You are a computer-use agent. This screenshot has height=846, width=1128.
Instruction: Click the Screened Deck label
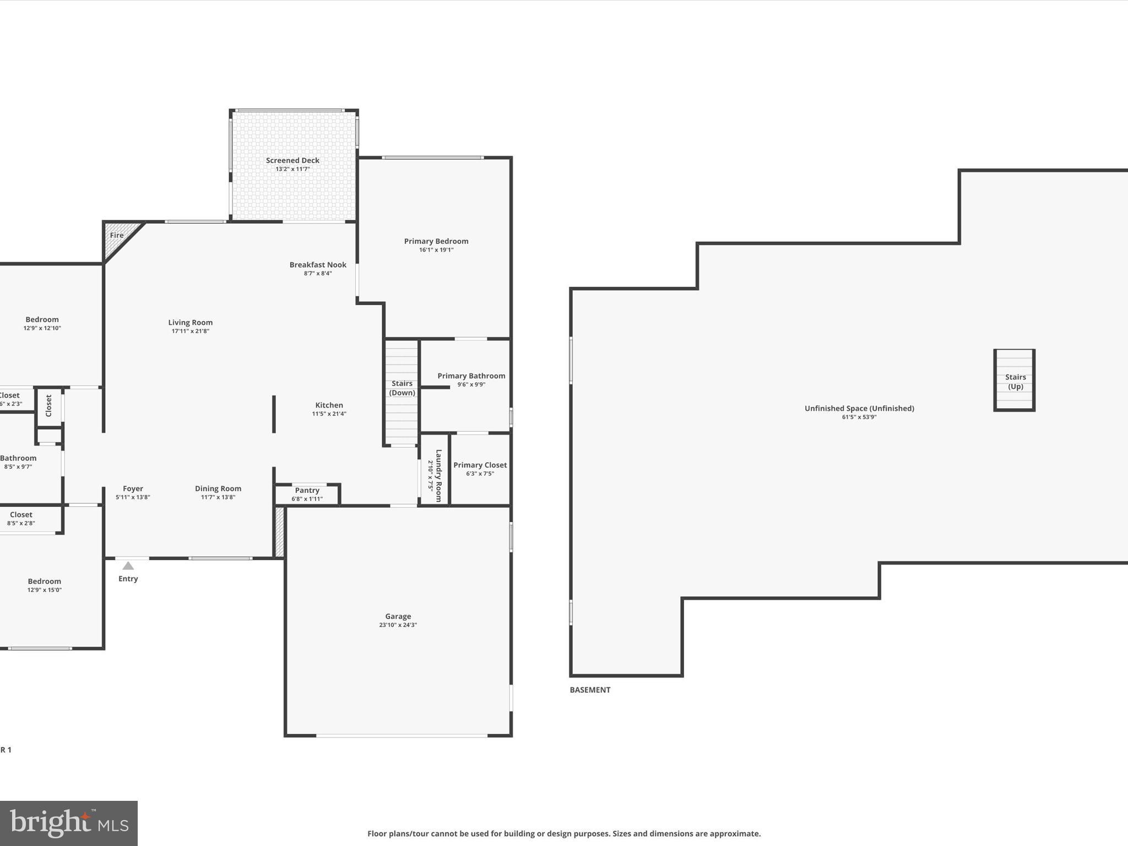(x=292, y=160)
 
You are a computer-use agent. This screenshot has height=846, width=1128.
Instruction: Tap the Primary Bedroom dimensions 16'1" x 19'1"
(x=436, y=250)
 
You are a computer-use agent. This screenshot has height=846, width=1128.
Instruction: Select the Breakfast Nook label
(x=318, y=265)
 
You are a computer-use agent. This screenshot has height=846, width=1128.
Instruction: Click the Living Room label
(x=190, y=323)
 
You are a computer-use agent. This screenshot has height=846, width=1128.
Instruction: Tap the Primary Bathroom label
(x=471, y=376)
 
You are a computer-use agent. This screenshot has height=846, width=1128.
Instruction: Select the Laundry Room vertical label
(x=438, y=475)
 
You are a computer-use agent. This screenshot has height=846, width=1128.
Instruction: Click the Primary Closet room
(x=480, y=469)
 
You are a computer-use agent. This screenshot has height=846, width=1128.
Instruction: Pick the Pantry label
(x=307, y=490)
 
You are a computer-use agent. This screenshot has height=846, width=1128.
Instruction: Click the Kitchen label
(x=329, y=405)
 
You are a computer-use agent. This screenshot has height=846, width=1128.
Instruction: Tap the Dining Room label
(x=218, y=489)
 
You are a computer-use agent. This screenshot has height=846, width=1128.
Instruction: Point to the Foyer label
(x=133, y=489)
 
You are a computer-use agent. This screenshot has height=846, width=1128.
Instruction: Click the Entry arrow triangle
(x=128, y=566)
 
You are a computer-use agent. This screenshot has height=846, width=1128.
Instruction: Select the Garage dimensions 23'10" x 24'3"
(x=398, y=625)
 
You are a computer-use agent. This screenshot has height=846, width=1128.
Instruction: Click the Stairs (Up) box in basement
(x=1015, y=381)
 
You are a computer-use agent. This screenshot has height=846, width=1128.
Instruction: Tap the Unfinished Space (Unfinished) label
(x=859, y=408)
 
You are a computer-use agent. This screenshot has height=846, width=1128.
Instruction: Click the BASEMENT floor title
(x=590, y=690)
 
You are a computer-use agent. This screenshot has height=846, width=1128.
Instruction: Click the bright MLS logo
(x=69, y=823)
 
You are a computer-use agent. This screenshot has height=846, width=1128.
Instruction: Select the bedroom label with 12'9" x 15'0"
(x=45, y=581)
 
